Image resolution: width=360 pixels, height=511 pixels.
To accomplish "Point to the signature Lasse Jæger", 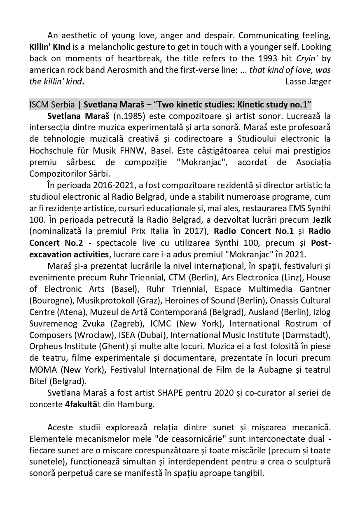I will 308,81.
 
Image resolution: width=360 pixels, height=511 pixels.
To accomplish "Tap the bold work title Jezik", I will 321,221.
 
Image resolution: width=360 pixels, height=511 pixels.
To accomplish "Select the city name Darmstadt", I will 308,335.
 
